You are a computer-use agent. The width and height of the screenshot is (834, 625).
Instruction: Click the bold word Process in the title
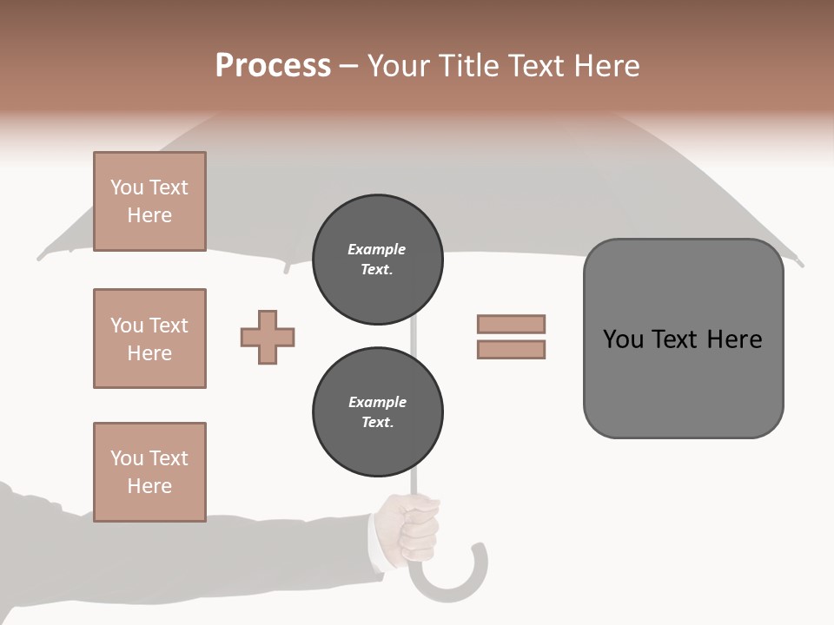[273, 66]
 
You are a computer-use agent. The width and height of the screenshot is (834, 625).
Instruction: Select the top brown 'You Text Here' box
[149, 201]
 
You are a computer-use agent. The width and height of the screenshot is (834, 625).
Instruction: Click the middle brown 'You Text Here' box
[149, 339]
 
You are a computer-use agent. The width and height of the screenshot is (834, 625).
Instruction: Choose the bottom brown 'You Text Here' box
[149, 472]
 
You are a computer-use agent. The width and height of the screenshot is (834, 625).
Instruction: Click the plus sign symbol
[268, 337]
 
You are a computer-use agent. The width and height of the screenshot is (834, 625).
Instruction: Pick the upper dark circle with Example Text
[377, 260]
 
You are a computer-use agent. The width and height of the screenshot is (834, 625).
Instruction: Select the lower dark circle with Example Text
[377, 412]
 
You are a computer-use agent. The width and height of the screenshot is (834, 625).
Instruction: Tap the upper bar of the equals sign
[511, 325]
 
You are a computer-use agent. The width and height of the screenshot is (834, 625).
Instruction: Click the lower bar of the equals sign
[511, 350]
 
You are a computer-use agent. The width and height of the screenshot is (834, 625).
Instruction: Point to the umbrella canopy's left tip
[41, 257]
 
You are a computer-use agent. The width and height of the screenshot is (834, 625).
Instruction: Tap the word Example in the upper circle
[377, 249]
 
